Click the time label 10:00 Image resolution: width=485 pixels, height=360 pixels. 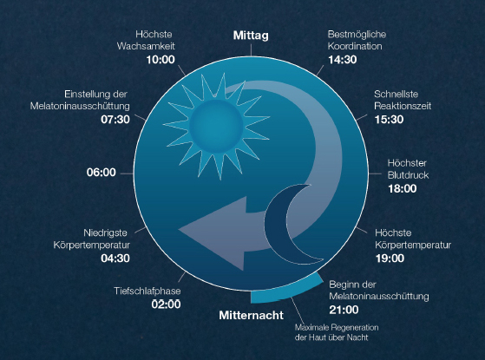click(161, 60)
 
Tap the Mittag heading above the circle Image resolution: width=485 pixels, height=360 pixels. click(251, 36)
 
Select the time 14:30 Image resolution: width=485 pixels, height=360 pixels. click(343, 60)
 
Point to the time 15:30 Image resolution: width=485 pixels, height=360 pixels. click(389, 120)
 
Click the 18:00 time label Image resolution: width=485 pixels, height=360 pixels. click(403, 188)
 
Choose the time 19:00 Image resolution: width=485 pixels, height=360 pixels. click(390, 259)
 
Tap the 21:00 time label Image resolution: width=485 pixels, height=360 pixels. click(344, 310)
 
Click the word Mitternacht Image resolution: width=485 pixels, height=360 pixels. click(251, 315)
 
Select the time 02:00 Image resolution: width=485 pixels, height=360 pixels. click(166, 304)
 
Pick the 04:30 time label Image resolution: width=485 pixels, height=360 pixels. click(115, 259)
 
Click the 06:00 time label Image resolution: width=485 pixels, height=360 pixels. click(102, 173)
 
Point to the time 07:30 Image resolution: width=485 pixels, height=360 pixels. click(115, 120)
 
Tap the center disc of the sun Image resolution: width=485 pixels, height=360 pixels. click(217, 126)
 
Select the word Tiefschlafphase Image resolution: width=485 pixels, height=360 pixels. click(147, 291)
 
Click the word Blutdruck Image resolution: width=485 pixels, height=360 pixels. click(409, 175)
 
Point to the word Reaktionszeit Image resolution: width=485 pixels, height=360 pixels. click(403, 106)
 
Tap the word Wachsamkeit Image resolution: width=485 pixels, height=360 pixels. click(146, 46)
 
